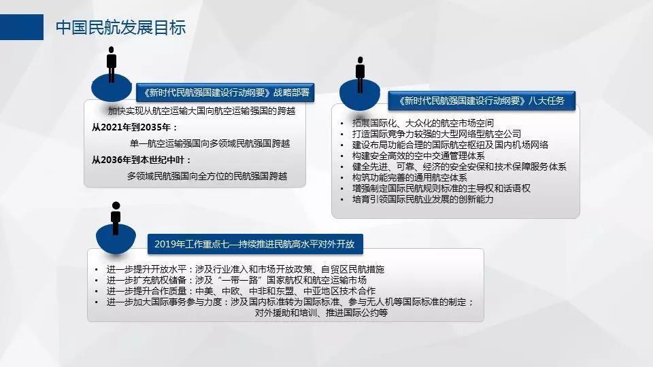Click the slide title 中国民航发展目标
pos(121,27)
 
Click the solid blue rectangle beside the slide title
pos(22,27)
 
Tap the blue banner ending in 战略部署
pos(225,92)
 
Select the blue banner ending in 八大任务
pos(482,101)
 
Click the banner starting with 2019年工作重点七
pos(255,244)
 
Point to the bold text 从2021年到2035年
pos(135,127)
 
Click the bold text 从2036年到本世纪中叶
pos(141,160)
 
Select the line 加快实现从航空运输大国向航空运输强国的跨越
pos(201,111)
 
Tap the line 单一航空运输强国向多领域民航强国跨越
pos(210,143)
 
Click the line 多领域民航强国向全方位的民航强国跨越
pos(207,177)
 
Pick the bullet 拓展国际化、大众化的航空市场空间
pos(422,123)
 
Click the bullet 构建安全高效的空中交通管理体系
pos(418,156)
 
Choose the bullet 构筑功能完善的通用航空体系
pos(409,177)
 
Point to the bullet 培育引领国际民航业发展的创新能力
pos(422,199)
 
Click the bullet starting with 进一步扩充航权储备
pos(237,280)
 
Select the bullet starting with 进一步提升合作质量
pos(241,291)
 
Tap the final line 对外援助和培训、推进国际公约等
pos(321,313)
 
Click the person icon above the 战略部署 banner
pos(111,65)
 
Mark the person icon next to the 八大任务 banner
pos(361,75)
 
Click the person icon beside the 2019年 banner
pos(116,218)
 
